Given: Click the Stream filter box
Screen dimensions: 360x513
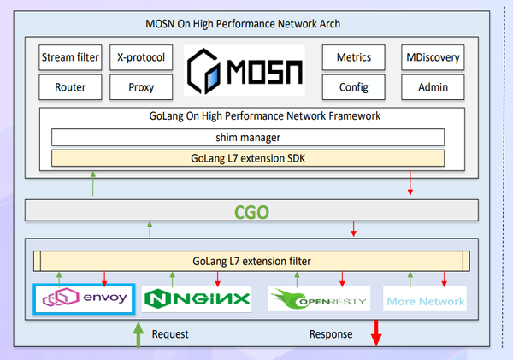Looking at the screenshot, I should pyautogui.click(x=70, y=58).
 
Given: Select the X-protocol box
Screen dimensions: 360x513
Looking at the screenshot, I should pyautogui.click(x=141, y=58).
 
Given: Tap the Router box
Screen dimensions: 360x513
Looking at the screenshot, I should pyautogui.click(x=70, y=86).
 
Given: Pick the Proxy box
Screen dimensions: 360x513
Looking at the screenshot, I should pyautogui.click(x=141, y=86).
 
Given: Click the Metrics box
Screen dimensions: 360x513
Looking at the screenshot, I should pyautogui.click(x=354, y=58).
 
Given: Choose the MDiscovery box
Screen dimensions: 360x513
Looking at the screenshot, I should pyautogui.click(x=432, y=58).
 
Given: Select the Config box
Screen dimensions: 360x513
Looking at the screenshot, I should pyautogui.click(x=354, y=86).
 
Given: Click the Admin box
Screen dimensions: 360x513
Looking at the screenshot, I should pyautogui.click(x=432, y=86).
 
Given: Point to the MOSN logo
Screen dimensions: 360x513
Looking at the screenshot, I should pyautogui.click(x=244, y=72).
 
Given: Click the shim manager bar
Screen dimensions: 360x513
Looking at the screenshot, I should pyautogui.click(x=248, y=137).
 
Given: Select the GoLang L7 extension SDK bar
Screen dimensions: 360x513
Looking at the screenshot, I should pyautogui.click(x=248, y=157).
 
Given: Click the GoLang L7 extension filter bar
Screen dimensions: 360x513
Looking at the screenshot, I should pyautogui.click(x=251, y=261).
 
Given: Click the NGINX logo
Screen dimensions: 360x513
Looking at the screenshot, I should pyautogui.click(x=198, y=299).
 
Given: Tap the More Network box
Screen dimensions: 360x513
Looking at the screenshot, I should pyautogui.click(x=425, y=300).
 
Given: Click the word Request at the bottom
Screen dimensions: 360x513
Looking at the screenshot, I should pyautogui.click(x=170, y=334).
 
